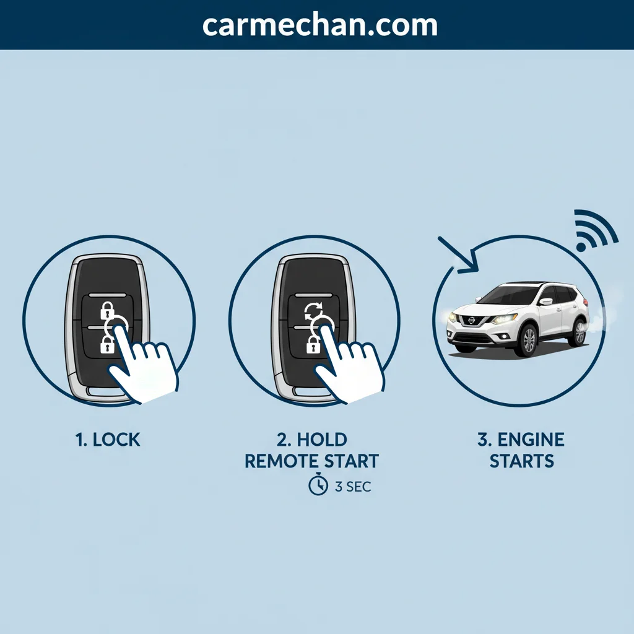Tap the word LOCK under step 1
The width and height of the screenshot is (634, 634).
pyautogui.click(x=116, y=440)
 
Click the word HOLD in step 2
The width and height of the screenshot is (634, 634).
pyautogui.click(x=322, y=440)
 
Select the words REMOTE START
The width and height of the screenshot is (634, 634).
pyautogui.click(x=312, y=461)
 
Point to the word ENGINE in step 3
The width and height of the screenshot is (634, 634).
pyautogui.click(x=531, y=440)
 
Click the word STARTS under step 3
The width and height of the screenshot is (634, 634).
pyautogui.click(x=521, y=461)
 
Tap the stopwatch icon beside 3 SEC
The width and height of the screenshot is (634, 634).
pyautogui.click(x=318, y=485)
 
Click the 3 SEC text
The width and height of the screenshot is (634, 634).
pyautogui.click(x=353, y=487)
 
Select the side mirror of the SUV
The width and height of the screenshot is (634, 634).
pyautogui.click(x=546, y=302)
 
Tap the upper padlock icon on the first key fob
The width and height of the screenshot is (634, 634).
pyautogui.click(x=106, y=311)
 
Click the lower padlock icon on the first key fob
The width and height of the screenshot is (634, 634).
pyautogui.click(x=106, y=345)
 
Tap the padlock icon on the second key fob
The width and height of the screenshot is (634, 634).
pyautogui.click(x=313, y=344)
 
